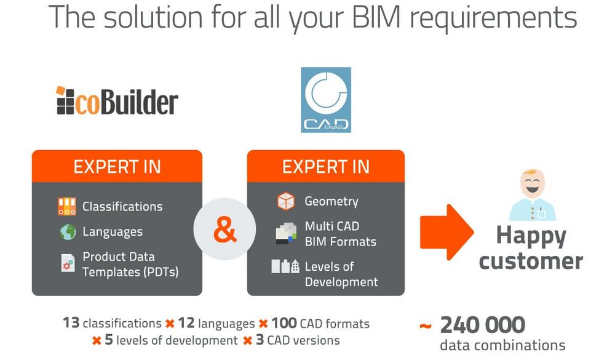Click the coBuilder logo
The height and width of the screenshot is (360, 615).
click(x=117, y=102)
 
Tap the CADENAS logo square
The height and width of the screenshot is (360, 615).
click(x=326, y=100)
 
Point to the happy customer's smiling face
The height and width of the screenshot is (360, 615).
click(x=532, y=184)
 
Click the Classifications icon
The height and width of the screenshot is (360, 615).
click(x=67, y=206)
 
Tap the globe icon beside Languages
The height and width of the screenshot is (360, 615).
click(x=68, y=232)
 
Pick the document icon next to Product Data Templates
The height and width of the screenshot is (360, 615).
click(x=68, y=263)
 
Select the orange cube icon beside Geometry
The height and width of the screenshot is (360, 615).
click(x=285, y=201)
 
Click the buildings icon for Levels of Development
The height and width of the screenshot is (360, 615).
click(x=285, y=266)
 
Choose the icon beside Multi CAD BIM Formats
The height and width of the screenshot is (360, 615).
click(x=285, y=233)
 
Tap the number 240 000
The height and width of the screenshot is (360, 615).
click(x=483, y=324)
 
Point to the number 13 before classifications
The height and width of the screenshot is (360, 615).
click(x=71, y=323)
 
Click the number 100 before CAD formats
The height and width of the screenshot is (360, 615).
click(x=284, y=323)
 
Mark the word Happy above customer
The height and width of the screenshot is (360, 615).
click(x=531, y=234)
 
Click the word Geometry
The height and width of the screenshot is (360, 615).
click(x=331, y=201)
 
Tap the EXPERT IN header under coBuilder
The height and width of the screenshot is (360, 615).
click(x=117, y=166)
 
